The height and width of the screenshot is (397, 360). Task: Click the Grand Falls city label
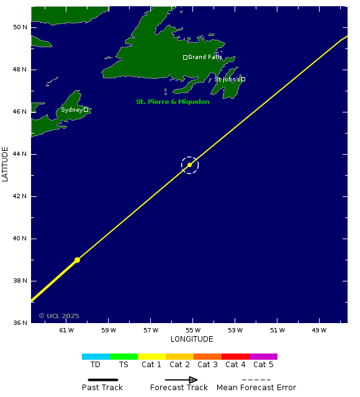pos(205,57)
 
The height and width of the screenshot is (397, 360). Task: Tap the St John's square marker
pos(243,79)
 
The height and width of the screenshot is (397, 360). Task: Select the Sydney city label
pos(71,110)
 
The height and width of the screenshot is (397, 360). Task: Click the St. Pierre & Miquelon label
pos(173,101)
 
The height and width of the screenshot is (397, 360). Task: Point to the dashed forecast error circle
pos(190,165)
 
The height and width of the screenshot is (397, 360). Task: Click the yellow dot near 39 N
pos(77,260)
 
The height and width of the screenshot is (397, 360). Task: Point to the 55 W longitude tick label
pos(193,330)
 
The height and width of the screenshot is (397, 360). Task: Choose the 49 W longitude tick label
pos(320,330)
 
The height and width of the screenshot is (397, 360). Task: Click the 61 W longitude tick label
pos(66,330)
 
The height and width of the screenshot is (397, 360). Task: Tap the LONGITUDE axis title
pos(192,339)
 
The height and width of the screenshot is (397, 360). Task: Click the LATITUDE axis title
pos(6,164)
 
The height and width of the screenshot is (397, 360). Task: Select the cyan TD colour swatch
pos(96,357)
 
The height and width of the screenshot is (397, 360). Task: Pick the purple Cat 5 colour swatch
pos(263,357)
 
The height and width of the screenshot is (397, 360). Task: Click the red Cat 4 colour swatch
pos(235,357)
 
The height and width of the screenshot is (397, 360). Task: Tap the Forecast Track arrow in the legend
pos(181,380)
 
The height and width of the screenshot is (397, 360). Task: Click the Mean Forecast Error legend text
pos(256,388)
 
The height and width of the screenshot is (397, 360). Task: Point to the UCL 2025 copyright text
pos(59,316)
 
